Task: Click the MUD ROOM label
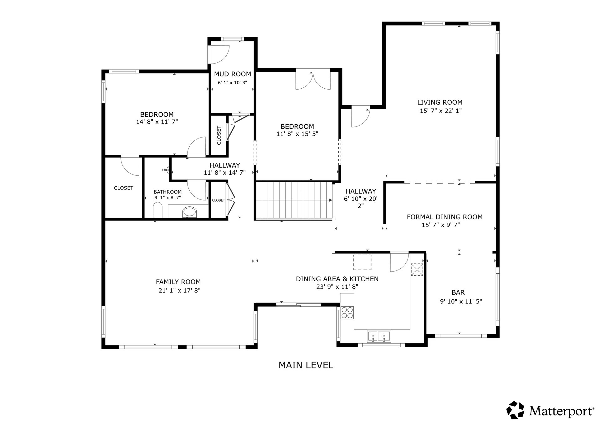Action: coord(233,74)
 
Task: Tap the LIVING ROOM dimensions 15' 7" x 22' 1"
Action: coord(441,111)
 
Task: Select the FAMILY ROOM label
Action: coord(178,282)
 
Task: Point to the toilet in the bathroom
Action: coord(158,210)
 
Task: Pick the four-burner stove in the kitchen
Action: coord(347,312)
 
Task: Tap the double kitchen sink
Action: coord(379,336)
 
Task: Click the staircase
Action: coord(294,201)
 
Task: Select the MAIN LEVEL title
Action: coord(306,365)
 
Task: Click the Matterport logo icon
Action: coord(515,410)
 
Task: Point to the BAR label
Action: coord(458,293)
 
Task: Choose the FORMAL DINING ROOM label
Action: coord(444,217)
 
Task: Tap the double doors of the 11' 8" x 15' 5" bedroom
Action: coord(313,81)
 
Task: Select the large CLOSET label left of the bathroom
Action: coord(124,188)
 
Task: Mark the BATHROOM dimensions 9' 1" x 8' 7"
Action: coord(167,198)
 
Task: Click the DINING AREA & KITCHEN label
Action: coord(337,279)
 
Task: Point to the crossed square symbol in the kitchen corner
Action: coord(417,269)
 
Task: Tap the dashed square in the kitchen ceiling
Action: coord(362,262)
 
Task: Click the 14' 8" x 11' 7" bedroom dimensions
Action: coord(157,122)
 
